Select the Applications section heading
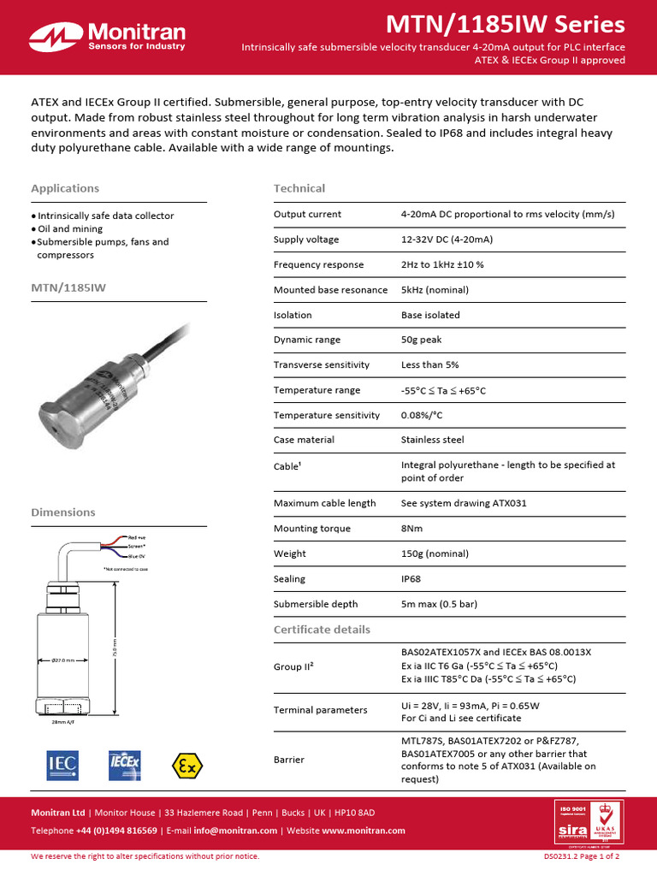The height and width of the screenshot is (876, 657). [65, 188]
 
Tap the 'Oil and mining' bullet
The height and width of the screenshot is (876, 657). [69, 229]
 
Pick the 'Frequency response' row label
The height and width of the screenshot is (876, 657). [318, 264]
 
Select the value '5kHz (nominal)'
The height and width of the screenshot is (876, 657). [435, 290]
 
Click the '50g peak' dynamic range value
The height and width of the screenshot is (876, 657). [421, 340]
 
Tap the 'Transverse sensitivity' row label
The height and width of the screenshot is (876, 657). [322, 364]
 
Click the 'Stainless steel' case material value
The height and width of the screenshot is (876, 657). [432, 440]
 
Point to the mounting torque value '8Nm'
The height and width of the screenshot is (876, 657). [411, 529]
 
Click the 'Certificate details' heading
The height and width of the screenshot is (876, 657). [322, 630]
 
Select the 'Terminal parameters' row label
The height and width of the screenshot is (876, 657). [320, 710]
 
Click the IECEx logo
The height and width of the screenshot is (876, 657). [124, 766]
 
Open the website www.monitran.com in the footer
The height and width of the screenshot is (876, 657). [364, 831]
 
